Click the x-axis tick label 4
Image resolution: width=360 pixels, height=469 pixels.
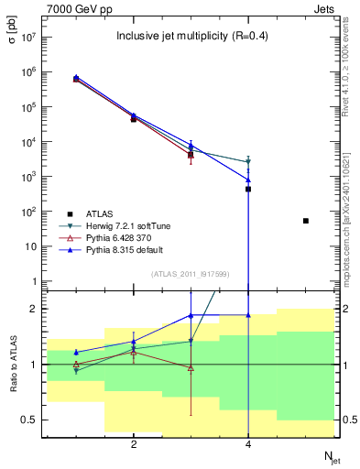coord(248,444)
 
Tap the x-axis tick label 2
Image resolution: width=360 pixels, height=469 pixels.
coord(134,444)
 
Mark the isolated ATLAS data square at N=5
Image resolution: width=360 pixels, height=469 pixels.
coord(306,221)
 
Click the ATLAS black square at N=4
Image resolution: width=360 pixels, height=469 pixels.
coord(248,189)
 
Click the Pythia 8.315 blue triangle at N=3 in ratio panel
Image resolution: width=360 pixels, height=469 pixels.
coord(191,315)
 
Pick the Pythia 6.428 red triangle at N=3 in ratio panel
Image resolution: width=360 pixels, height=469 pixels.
coord(191,368)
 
